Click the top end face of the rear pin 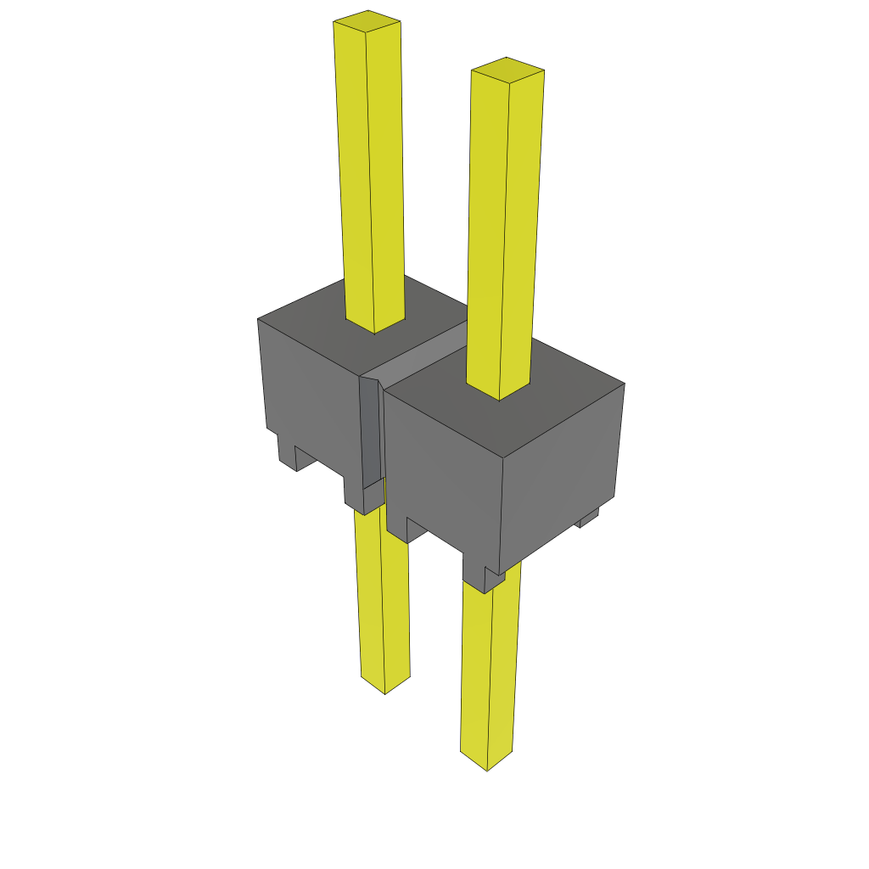pos(367,20)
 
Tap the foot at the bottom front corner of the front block pos(484,577)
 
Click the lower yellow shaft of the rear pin pos(382,594)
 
